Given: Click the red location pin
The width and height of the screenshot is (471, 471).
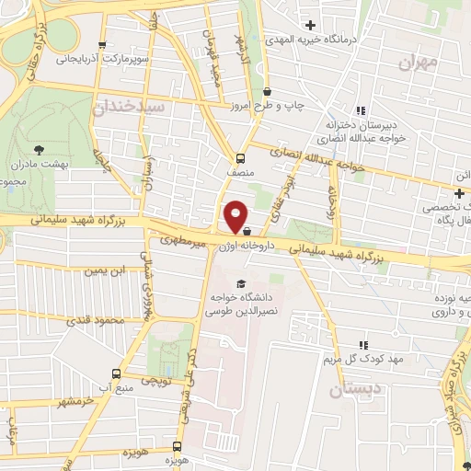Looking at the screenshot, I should click(236, 215).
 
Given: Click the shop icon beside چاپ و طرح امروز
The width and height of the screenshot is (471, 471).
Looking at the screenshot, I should click(268, 91).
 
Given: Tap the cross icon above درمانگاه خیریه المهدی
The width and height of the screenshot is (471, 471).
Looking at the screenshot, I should click(310, 25).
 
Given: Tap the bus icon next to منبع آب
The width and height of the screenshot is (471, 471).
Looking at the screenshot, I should click(116, 373).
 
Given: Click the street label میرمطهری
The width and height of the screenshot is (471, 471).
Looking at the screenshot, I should click(180, 240).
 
